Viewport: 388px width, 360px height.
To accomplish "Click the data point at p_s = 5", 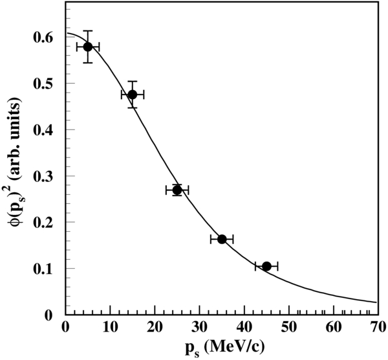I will point(87,47).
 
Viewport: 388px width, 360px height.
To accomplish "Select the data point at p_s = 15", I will point(132,95).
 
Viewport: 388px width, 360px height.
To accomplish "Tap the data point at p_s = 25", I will point(177,190).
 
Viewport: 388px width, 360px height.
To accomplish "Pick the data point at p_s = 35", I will point(222,239).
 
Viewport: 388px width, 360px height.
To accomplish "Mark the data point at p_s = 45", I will point(266,266).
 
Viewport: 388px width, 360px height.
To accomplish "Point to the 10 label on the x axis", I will point(109,326).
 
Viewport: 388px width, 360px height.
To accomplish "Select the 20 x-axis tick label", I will point(154,326).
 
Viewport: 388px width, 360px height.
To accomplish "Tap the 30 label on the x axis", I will point(199,326).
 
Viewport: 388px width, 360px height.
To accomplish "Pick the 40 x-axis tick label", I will point(244,326).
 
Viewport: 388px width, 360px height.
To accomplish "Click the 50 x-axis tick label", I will point(288,326).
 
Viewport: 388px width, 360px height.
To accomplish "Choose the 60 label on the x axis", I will point(333,326).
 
